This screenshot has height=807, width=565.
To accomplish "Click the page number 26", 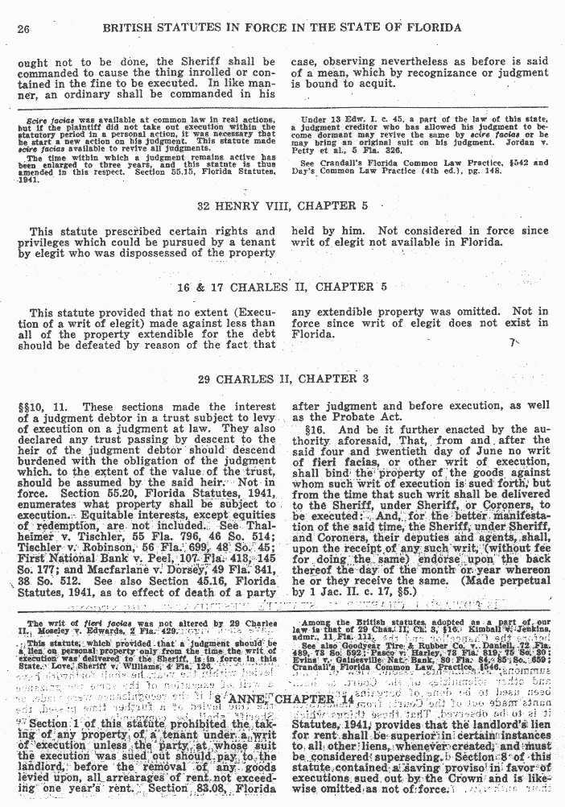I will coord(23,29).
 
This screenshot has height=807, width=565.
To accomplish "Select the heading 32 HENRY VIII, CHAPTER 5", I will coord(282,206).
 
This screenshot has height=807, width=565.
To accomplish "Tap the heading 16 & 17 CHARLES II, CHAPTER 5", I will coord(282,286).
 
